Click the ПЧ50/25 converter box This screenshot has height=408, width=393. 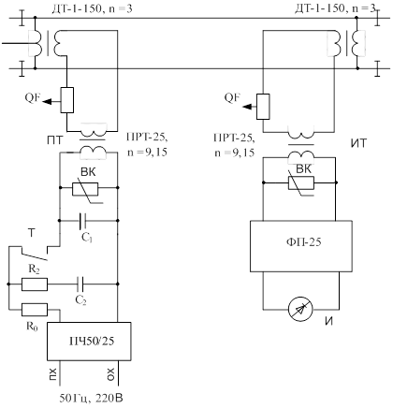pyautogui.click(x=89, y=342)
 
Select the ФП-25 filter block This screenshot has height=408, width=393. pyautogui.click(x=301, y=246)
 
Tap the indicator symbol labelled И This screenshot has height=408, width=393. pyautogui.click(x=300, y=310)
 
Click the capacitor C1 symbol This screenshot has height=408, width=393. pyautogui.click(x=82, y=221)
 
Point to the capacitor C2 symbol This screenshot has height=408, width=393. pyautogui.click(x=80, y=284)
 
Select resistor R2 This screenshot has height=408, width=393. pyautogui.click(x=35, y=284)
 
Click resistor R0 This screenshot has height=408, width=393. pyautogui.click(x=35, y=310)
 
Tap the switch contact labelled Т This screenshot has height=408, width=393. pyautogui.click(x=35, y=254)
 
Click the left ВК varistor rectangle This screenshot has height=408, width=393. pyautogui.click(x=85, y=189)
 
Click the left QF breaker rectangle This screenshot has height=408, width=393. pyautogui.click(x=67, y=100)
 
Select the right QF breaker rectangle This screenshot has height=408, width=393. pyautogui.click(x=263, y=107)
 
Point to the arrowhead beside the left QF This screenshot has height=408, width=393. pyautogui.click(x=47, y=101)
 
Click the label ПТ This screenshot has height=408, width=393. pyautogui.click(x=55, y=141)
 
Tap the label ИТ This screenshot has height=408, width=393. pyautogui.click(x=359, y=144)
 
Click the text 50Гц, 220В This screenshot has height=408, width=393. pyautogui.click(x=92, y=399)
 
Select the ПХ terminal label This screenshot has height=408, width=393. pyautogui.click(x=52, y=374)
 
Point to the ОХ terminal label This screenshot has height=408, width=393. pyautogui.click(x=111, y=374)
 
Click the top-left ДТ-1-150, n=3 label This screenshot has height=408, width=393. pyautogui.click(x=92, y=8)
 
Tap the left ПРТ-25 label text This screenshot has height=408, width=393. pyautogui.click(x=147, y=138)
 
